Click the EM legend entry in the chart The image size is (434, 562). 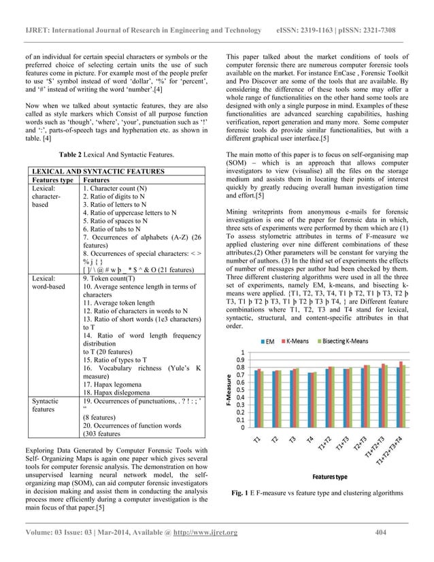[269, 340]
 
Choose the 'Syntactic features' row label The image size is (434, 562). [42, 406]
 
